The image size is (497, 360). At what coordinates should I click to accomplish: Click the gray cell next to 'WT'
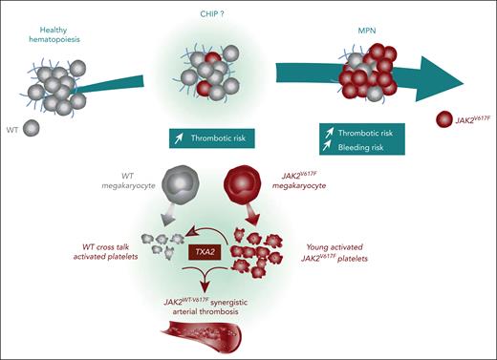pos(32,127)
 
